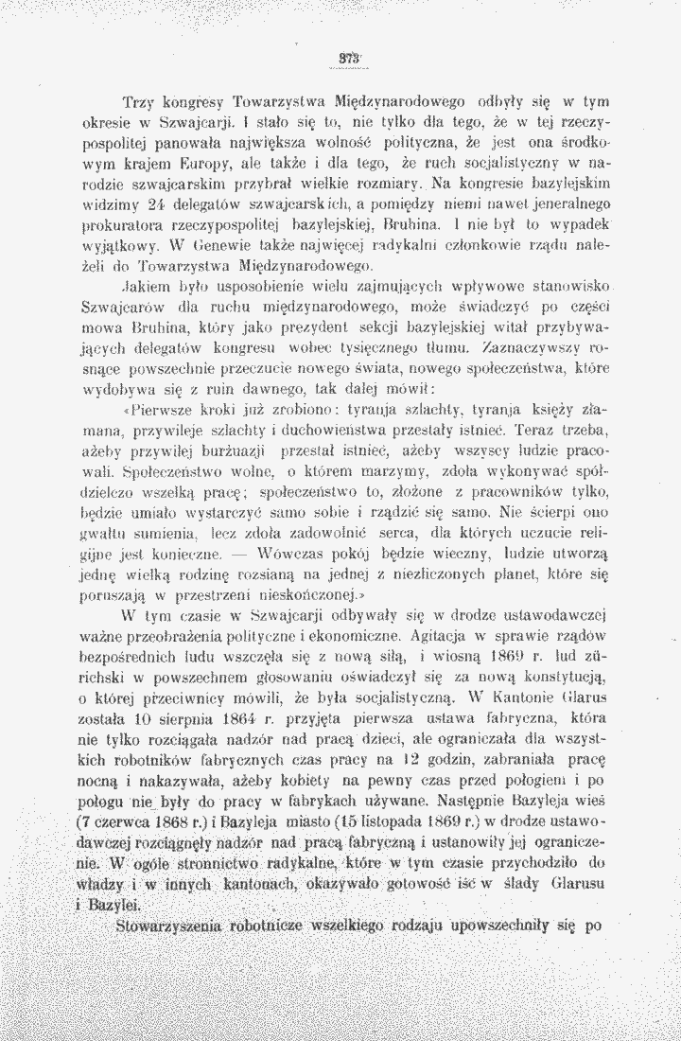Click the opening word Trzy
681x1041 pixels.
[x=140, y=101]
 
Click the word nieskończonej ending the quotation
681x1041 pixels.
[x=304, y=593]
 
